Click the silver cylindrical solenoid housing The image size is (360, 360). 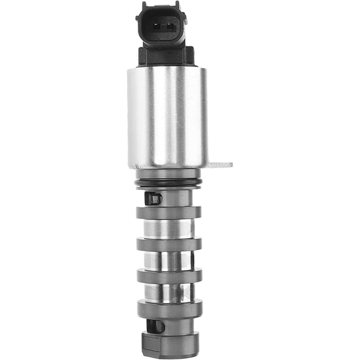(x=167, y=116)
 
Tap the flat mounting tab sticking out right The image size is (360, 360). (x=219, y=165)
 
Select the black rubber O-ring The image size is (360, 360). (x=168, y=183)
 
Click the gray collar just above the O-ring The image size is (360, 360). (x=168, y=174)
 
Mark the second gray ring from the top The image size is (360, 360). (x=169, y=244)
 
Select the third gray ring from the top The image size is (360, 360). (x=169, y=276)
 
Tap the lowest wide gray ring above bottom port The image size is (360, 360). (x=169, y=309)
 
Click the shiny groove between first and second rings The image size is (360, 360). (x=169, y=229)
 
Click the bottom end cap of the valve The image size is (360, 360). (x=170, y=342)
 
